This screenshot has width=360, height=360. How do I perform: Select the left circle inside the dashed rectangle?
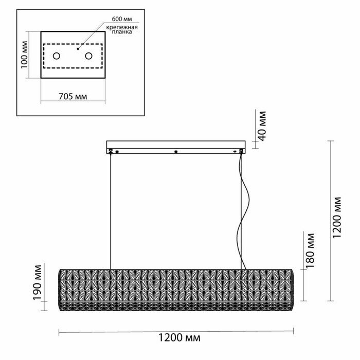click(x=57, y=56)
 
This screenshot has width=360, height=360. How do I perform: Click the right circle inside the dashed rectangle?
click(x=88, y=56)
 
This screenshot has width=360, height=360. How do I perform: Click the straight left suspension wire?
click(x=111, y=211)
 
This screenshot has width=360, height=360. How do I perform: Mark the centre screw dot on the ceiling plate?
click(x=176, y=151)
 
